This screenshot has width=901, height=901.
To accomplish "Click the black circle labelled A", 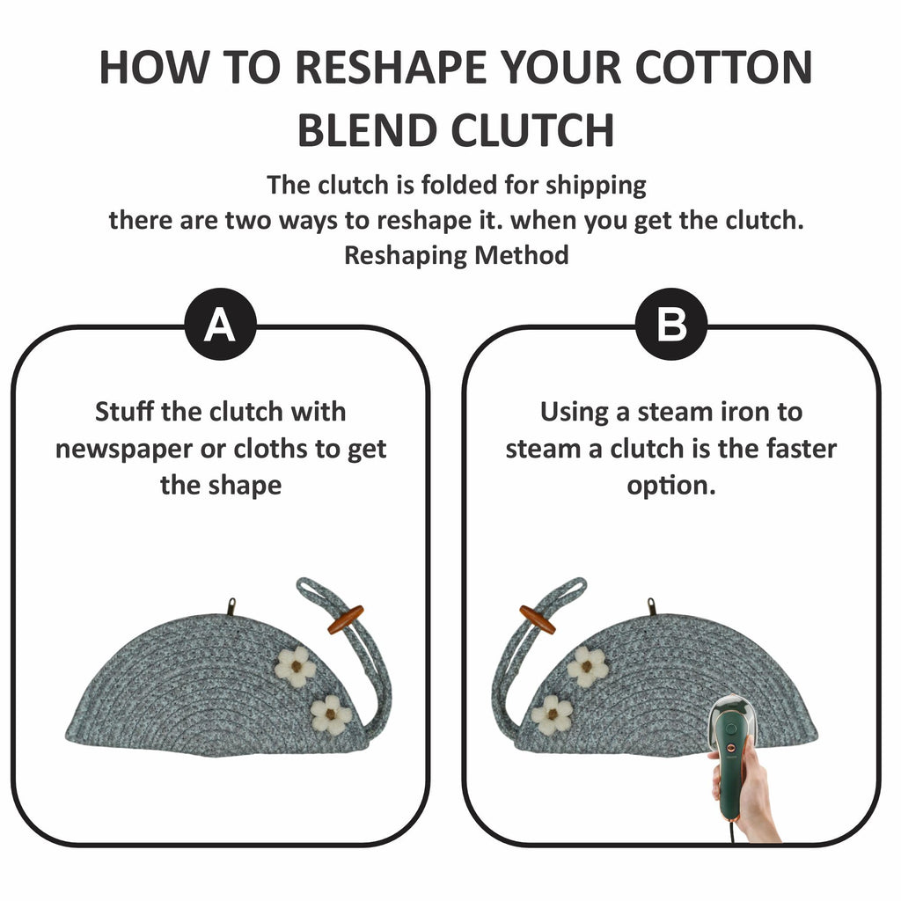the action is [221, 324].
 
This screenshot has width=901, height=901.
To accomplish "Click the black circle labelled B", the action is [671, 324].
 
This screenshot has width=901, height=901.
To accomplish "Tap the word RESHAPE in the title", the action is [391, 68].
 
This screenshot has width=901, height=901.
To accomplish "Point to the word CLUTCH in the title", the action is [532, 130].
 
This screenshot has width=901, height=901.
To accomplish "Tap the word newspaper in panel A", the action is [123, 450].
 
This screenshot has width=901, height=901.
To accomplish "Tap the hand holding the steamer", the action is [747, 795].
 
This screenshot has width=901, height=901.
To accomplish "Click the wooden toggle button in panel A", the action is [346, 620].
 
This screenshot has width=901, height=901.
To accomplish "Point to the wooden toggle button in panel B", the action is [538, 620].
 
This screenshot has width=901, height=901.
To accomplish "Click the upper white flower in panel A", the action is [296, 667].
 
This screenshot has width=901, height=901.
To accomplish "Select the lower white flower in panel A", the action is [331, 714].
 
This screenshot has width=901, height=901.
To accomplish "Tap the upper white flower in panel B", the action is [587, 667].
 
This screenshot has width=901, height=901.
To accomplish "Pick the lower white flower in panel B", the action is [552, 714].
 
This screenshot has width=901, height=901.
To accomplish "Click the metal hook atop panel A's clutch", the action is [232, 606].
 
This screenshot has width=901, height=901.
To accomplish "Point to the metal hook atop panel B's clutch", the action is [652, 606].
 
